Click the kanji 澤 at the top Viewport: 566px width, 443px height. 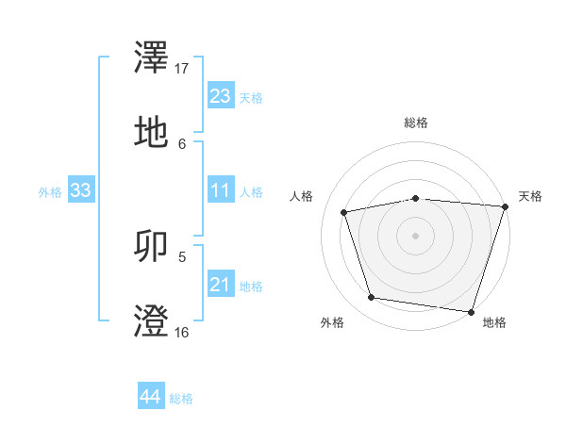pos(151,58)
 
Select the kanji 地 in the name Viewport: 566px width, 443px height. pos(151,133)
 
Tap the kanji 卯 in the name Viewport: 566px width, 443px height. pos(151,246)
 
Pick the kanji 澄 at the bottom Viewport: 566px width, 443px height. pos(151,320)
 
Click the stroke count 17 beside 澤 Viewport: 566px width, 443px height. pos(182,69)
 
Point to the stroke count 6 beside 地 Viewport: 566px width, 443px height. pos(182,143)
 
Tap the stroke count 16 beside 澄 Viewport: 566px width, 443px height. pos(182,332)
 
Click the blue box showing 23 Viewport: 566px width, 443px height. pos(220,96)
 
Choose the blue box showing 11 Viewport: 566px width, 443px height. pos(220,190)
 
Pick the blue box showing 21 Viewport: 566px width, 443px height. pos(220,284)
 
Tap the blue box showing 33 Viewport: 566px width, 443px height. pos(80,190)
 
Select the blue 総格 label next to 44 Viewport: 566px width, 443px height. pos(181,399)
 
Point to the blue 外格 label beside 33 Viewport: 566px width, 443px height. pos(50,191)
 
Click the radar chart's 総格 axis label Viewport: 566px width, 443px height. pos(415,123)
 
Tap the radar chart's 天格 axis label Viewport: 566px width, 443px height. pos(530,196)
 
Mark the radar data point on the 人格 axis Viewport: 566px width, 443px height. pos(344,212)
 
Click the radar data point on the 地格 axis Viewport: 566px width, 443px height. pos(471,311)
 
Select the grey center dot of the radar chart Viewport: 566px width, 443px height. pos(415,235)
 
